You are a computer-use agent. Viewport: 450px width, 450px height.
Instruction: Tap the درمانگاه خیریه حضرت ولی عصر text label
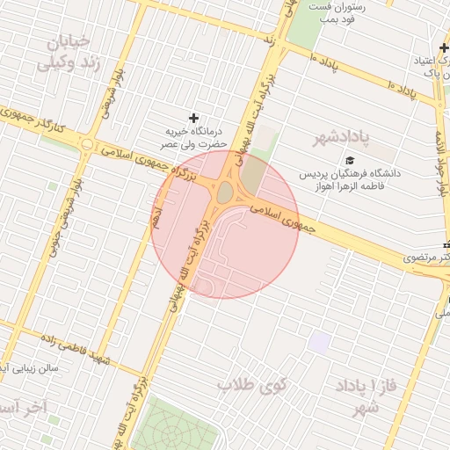point(193,137)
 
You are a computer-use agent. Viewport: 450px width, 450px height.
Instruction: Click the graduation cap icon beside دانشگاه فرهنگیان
point(349,160)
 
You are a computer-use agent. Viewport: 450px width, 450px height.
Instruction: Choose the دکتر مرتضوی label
point(427,258)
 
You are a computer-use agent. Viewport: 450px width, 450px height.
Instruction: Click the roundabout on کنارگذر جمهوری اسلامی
point(86,144)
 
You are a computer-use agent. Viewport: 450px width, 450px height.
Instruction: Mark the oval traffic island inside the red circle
point(225,192)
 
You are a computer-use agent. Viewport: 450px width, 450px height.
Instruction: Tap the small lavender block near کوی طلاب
point(319,342)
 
